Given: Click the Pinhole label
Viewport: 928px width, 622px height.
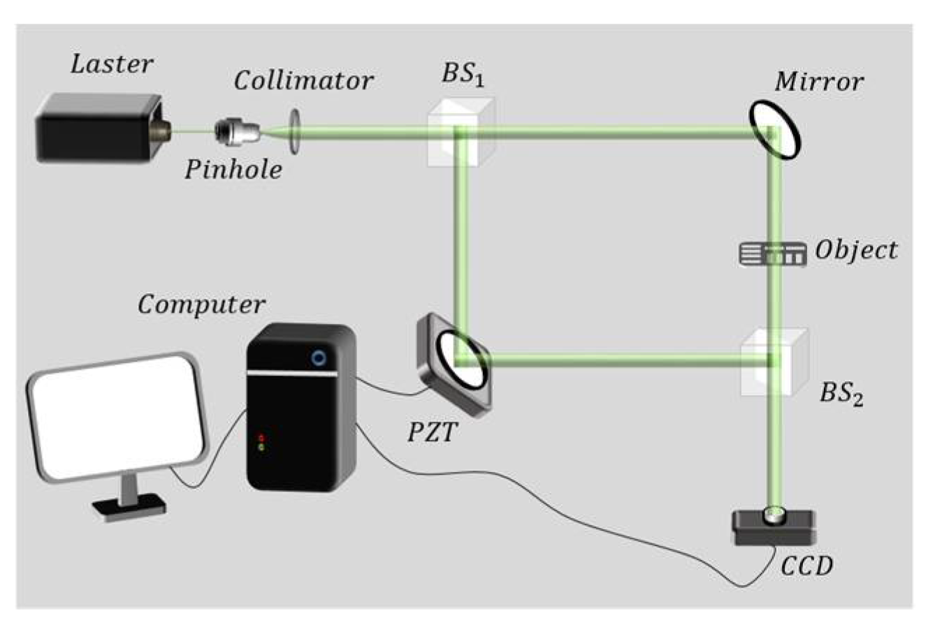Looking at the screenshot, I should tap(233, 169).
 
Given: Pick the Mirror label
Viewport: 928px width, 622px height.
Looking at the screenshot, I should tap(818, 82).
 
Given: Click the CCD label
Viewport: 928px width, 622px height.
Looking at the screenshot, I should tap(808, 566).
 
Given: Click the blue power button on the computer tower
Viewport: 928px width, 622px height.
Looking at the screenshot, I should tap(319, 358).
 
